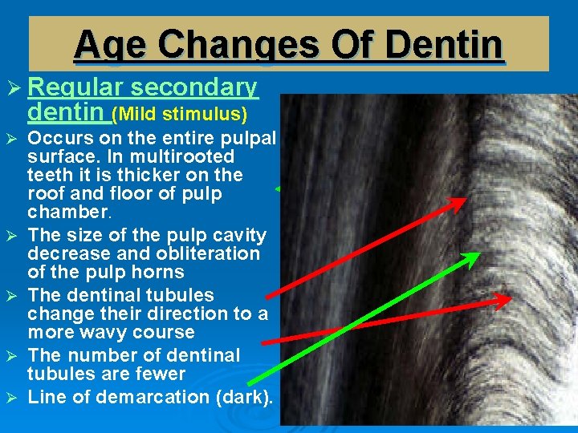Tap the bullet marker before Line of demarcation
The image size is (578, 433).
tap(15, 397)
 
